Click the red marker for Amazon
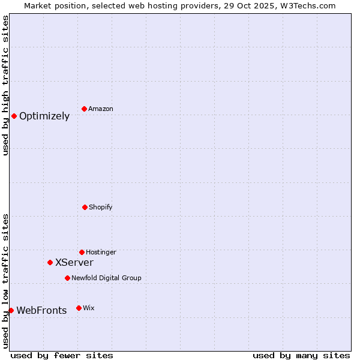(84, 109)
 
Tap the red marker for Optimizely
(14, 116)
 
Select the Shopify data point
(85, 207)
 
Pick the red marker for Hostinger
(82, 252)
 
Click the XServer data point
(50, 262)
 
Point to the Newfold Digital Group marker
(67, 278)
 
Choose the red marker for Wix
(79, 308)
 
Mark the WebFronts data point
(11, 310)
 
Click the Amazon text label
(101, 109)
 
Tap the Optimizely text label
(44, 116)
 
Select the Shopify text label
(101, 207)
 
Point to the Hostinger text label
(101, 252)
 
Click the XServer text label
(74, 262)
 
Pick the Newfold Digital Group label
(106, 278)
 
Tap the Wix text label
(89, 308)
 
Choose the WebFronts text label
(41, 310)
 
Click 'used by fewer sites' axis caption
(62, 355)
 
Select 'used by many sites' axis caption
(301, 355)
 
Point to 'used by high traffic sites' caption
(5, 85)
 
